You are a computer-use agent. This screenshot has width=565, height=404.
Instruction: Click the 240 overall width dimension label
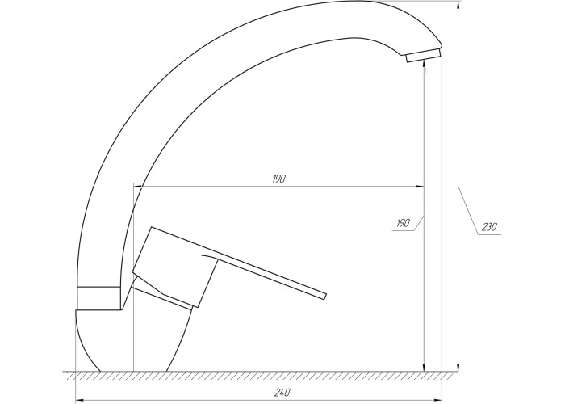pos(282,393)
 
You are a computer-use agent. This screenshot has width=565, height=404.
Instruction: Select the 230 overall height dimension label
pos(489,227)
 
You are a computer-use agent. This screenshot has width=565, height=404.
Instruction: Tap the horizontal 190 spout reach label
pos(278,179)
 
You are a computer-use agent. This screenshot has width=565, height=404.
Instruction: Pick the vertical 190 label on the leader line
pos(404,223)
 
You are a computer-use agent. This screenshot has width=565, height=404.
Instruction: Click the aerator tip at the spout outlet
pos(424,56)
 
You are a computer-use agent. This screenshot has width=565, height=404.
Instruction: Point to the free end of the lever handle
pos(325,297)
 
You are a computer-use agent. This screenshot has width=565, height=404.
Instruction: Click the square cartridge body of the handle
pos(175,267)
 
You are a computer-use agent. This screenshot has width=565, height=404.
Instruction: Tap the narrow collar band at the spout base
pos(98,298)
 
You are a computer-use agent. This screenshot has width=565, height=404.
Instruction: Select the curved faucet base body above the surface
pos(132,339)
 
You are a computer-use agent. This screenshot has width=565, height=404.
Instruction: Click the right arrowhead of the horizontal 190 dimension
pos(421,187)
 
